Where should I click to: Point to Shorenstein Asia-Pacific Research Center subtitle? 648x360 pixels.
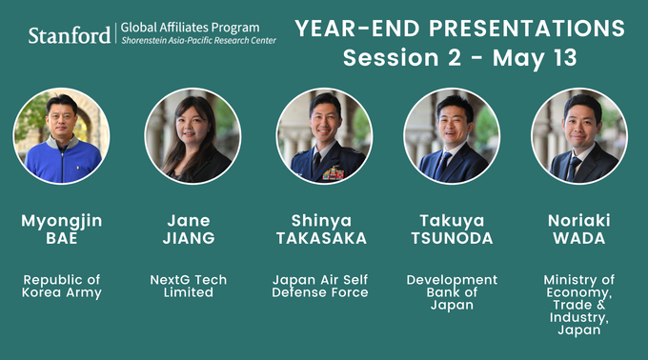click(x=194, y=43)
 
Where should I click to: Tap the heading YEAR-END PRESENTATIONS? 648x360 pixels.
click(x=460, y=28)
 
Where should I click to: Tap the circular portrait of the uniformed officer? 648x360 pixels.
click(x=323, y=136)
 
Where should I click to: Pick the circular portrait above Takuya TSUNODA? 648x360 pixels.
click(x=452, y=136)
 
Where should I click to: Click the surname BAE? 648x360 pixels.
click(x=62, y=238)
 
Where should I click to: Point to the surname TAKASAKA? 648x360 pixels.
click(x=323, y=238)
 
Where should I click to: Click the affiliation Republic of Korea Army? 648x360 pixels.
click(x=62, y=286)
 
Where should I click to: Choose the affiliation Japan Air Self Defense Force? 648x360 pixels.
click(x=323, y=286)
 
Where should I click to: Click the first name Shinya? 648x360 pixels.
click(x=323, y=220)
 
